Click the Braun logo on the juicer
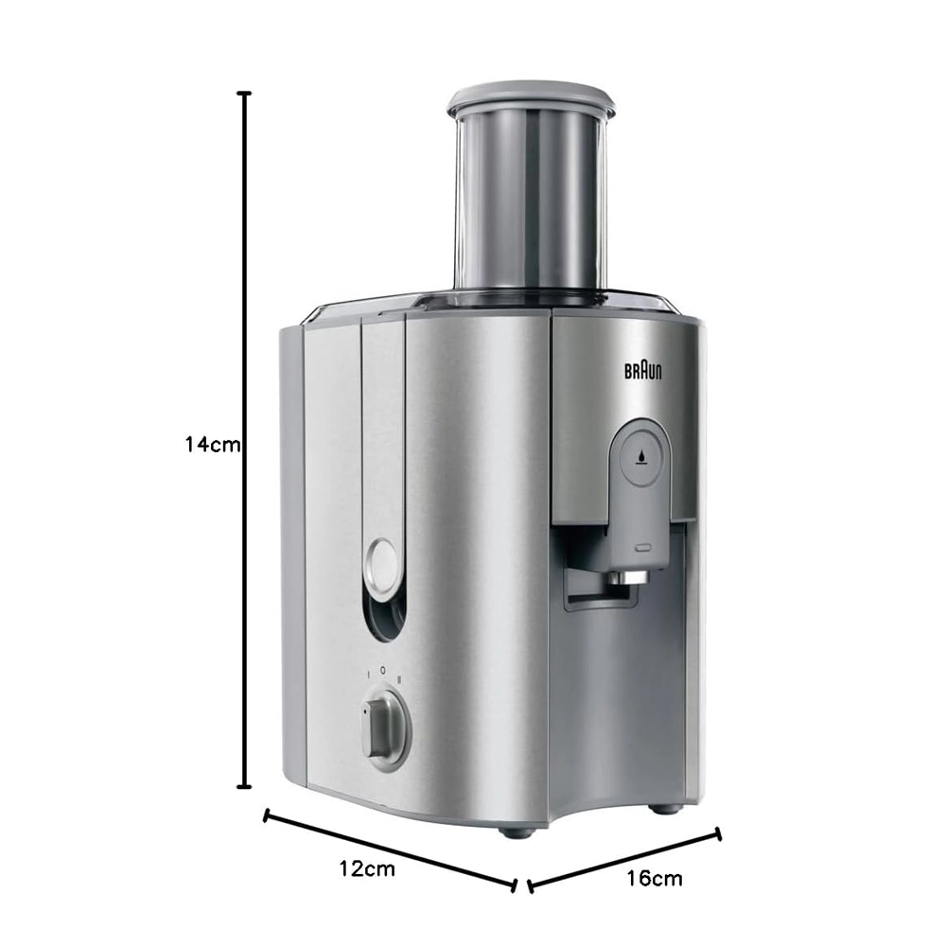click(642, 371)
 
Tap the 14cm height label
click(212, 445)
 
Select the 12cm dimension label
click(367, 868)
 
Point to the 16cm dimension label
click(654, 878)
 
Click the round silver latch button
click(382, 565)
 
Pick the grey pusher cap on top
click(531, 97)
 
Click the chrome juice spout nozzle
click(627, 578)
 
